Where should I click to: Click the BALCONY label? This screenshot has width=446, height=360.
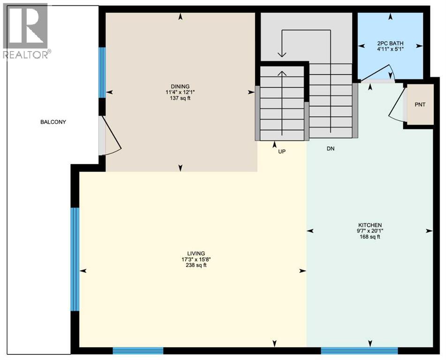point(53,122)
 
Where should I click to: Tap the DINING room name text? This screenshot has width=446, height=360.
point(180,86)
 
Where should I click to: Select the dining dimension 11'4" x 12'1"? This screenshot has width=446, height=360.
point(180,92)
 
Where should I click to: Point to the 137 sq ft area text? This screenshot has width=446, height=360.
point(180,98)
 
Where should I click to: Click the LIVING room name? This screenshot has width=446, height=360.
point(195,253)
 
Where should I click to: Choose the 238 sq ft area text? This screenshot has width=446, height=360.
point(195,265)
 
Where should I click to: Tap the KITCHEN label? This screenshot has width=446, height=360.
point(369,225)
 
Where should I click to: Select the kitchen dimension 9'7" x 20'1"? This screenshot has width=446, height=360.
point(369,231)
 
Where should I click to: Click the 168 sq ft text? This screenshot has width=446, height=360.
point(369,237)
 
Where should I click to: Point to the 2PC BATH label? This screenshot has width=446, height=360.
point(390,43)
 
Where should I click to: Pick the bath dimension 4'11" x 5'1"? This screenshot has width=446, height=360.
point(390,49)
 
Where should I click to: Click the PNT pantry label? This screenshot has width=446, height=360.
point(420,105)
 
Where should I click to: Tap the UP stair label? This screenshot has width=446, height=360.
point(281,151)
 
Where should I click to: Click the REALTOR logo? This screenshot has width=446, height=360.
point(25,31)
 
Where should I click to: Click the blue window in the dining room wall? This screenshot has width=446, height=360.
point(102,72)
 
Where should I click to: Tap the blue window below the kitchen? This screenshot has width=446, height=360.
point(359,350)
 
